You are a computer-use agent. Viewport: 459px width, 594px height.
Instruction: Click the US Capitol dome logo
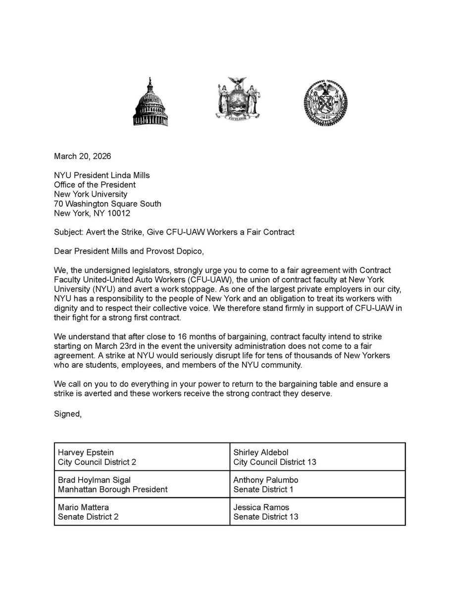(150, 102)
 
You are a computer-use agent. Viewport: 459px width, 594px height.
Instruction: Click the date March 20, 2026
(82, 157)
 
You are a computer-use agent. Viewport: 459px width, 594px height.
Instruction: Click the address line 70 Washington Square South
(107, 203)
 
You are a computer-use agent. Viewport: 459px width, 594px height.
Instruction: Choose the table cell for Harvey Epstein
(142, 457)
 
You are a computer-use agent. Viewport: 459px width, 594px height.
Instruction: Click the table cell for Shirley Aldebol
(317, 457)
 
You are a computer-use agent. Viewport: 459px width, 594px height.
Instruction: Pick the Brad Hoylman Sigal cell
(142, 485)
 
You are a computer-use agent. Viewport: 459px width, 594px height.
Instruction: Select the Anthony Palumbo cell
(317, 485)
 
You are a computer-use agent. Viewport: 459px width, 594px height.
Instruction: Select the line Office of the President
(94, 185)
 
